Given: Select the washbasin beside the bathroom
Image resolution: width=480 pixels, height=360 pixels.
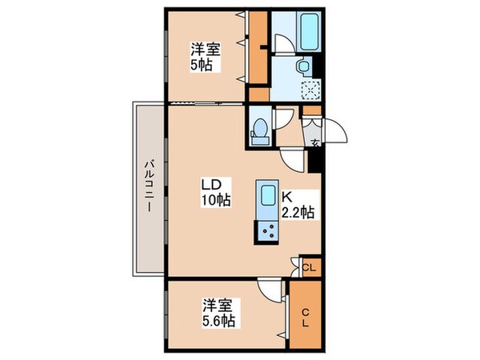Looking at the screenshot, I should (303, 66).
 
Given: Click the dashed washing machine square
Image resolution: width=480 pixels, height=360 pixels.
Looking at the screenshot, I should (310, 90).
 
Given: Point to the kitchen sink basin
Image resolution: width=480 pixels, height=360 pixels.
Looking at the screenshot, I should (266, 196).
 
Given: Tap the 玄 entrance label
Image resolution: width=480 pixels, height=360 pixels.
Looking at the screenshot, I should (315, 144).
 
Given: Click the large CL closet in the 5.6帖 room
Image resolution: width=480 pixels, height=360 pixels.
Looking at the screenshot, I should (306, 315).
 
